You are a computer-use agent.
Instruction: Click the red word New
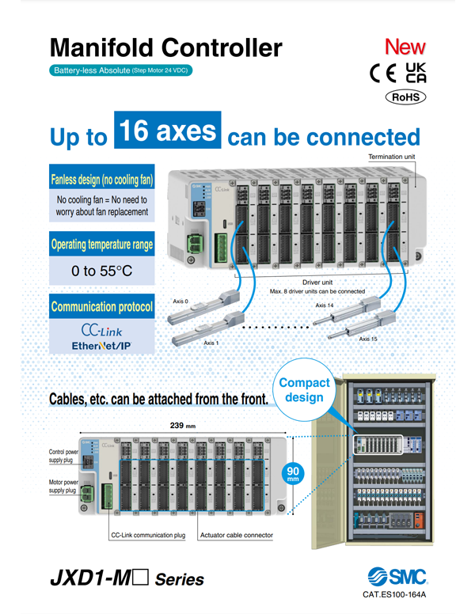[x=405, y=47]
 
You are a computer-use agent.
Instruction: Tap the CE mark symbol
[x=386, y=74]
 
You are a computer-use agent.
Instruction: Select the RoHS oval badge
[x=405, y=97]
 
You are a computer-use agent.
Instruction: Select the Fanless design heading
[x=101, y=180]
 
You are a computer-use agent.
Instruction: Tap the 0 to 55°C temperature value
[x=101, y=271]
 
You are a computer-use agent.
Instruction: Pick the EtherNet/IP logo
[x=101, y=346]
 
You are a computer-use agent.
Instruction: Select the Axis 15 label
[x=368, y=339]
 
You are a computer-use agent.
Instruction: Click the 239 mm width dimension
[x=184, y=426]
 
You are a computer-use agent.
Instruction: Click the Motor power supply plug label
[x=63, y=485]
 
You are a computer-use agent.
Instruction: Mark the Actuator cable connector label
[x=236, y=536]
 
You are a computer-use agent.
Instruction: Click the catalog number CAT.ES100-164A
[x=393, y=594]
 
